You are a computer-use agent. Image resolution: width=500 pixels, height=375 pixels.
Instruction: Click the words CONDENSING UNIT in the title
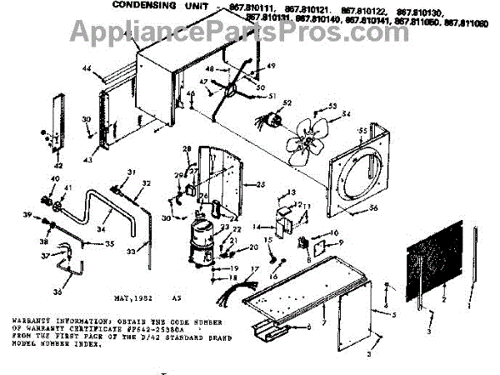(147, 7)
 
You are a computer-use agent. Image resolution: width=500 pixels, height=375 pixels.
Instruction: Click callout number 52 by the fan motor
(287, 102)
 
